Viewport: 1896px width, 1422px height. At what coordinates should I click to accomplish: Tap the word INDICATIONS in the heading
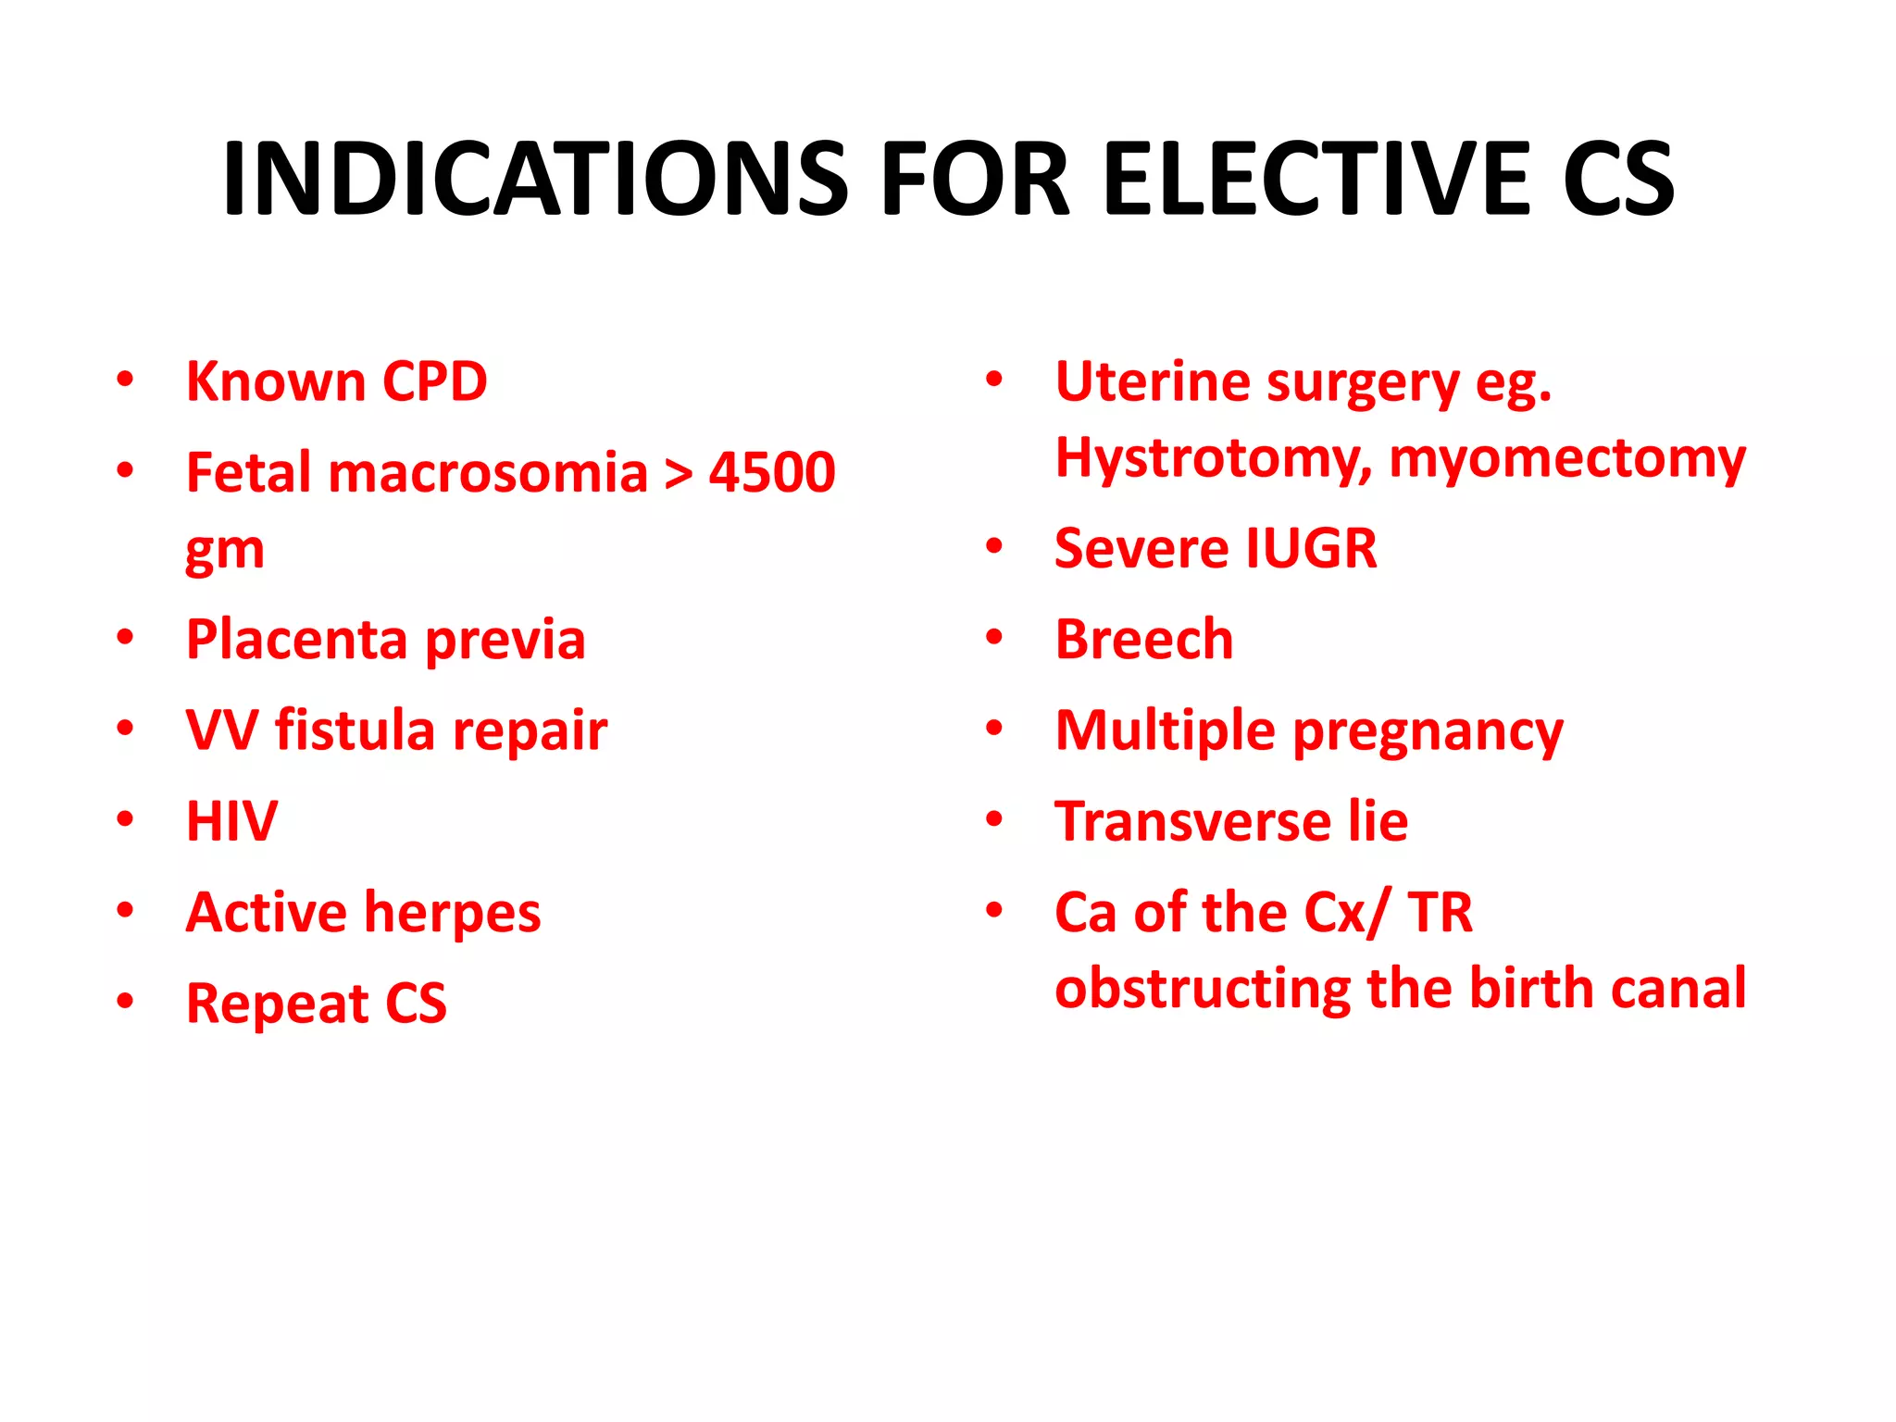pyautogui.click(x=534, y=179)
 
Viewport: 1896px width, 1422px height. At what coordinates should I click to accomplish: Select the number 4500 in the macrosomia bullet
pyautogui.click(x=772, y=472)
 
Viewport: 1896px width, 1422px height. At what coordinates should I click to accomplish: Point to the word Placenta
pyautogui.click(x=296, y=639)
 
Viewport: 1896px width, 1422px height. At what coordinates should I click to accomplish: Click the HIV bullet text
pyautogui.click(x=231, y=821)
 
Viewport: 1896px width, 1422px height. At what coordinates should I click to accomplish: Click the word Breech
pyautogui.click(x=1144, y=639)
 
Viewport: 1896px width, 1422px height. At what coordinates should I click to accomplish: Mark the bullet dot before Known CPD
pyautogui.click(x=125, y=380)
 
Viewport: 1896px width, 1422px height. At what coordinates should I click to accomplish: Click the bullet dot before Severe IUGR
pyautogui.click(x=994, y=546)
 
